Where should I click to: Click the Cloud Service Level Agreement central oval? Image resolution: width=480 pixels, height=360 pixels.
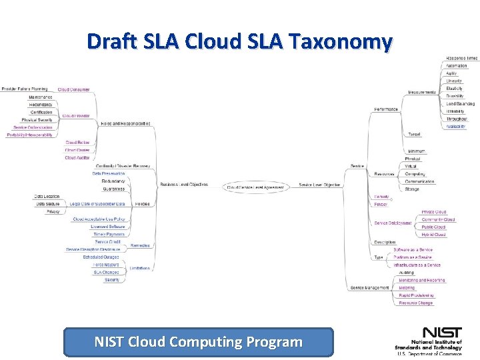click(256, 187)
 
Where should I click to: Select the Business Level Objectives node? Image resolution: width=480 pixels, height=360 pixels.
click(184, 185)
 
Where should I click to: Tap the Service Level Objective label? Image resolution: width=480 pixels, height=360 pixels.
click(319, 185)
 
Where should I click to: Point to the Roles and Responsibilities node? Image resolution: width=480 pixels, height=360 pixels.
click(125, 123)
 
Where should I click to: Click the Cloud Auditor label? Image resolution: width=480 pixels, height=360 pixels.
click(77, 158)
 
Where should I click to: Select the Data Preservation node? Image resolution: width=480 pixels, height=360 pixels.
click(109, 173)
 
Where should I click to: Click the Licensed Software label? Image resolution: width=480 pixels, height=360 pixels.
click(108, 227)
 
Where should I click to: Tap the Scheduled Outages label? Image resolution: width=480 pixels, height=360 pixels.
click(101, 257)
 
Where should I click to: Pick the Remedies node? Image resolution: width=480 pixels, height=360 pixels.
click(140, 245)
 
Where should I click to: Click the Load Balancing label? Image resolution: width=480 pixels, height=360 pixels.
click(461, 104)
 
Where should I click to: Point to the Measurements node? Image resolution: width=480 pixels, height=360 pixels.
click(422, 92)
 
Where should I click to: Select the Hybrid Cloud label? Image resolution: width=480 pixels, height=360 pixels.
click(433, 235)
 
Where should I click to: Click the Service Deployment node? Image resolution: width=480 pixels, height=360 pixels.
click(393, 223)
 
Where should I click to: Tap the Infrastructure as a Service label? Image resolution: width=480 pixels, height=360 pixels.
click(417, 265)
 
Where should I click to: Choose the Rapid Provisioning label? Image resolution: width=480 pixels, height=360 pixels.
click(416, 295)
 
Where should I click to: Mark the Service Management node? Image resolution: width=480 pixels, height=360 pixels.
click(369, 288)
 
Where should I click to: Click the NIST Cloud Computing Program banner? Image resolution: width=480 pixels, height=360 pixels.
click(198, 342)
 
